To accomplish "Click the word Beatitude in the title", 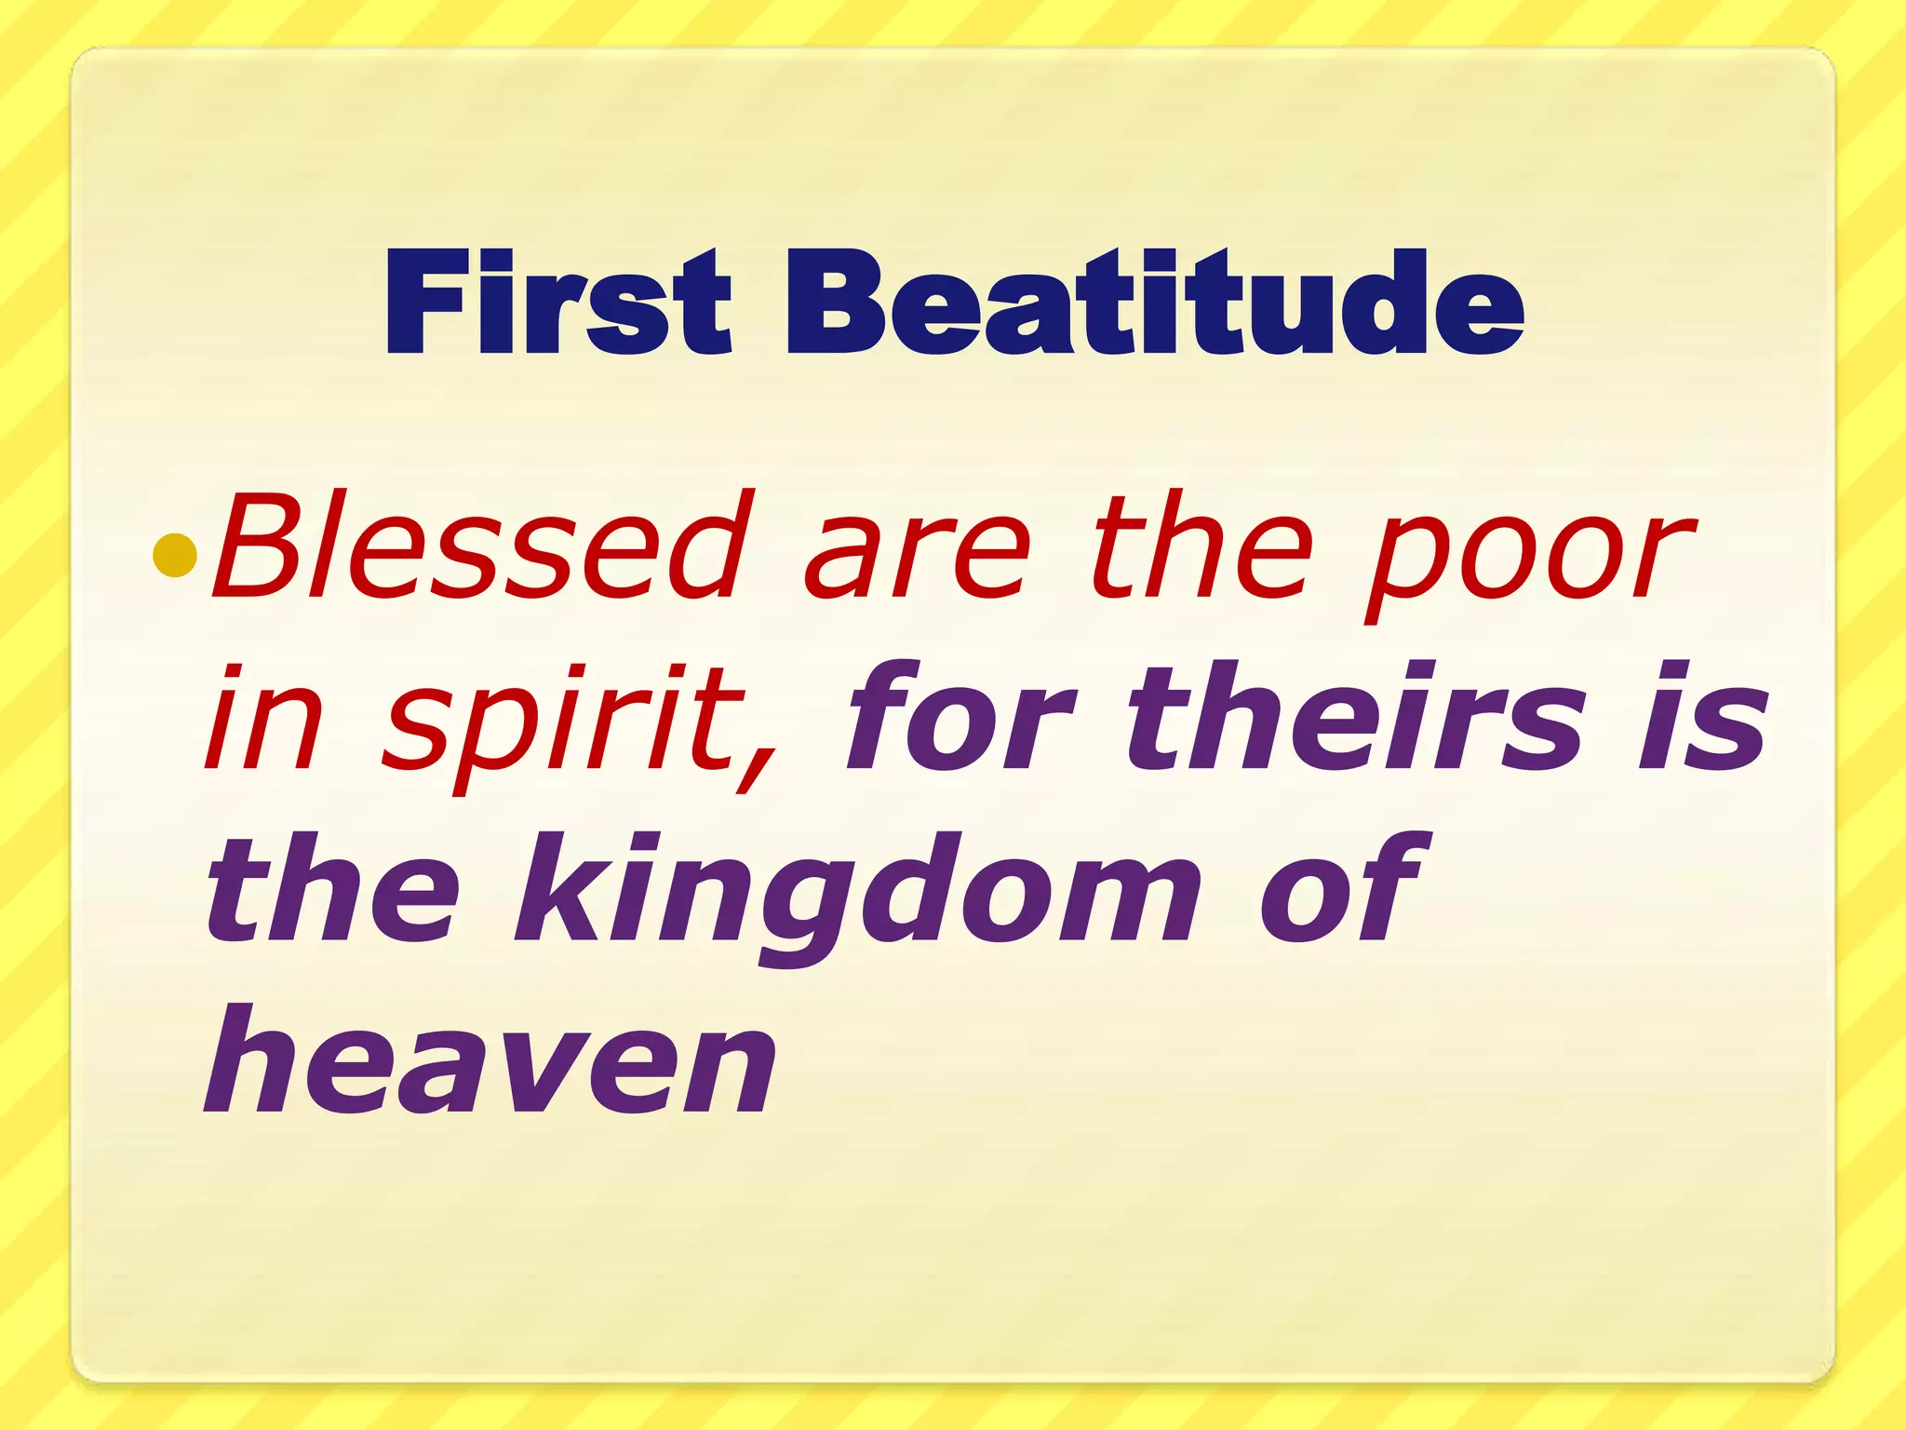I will (x=1154, y=304).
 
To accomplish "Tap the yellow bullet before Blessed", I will (x=176, y=556).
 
